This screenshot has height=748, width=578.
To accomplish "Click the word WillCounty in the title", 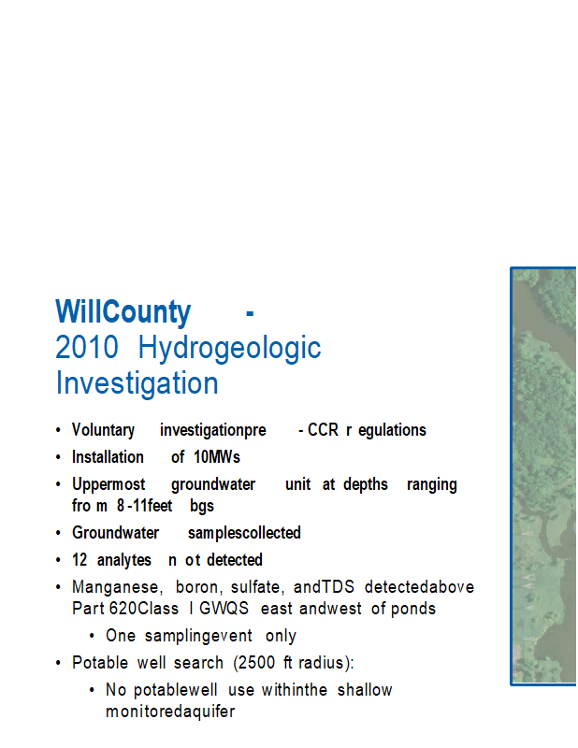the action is click(x=123, y=312).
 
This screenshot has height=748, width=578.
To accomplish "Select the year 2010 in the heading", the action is click(x=87, y=347).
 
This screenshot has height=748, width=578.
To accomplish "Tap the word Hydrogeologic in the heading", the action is click(x=229, y=349).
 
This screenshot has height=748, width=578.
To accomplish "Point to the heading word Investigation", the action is click(x=137, y=383).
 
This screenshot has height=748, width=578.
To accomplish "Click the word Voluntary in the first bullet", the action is click(x=103, y=430).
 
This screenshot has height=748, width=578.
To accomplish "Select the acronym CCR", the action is click(x=323, y=430).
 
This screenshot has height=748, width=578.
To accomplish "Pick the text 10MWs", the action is click(x=217, y=457).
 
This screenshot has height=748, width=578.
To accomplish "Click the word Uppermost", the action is click(x=108, y=484).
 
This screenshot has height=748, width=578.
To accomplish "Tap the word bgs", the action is click(x=202, y=506).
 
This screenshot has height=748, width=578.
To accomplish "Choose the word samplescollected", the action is click(x=244, y=533).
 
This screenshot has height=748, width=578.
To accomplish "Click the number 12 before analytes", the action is click(x=79, y=559).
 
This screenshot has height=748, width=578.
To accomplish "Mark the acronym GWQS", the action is click(x=224, y=609).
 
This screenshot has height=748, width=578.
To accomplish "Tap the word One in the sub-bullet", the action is click(x=121, y=636).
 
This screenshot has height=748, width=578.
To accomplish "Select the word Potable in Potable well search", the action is click(x=100, y=663).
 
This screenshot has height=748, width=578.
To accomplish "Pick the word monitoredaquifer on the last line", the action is click(x=170, y=712).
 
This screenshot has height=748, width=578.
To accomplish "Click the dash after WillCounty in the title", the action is click(x=250, y=314).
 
